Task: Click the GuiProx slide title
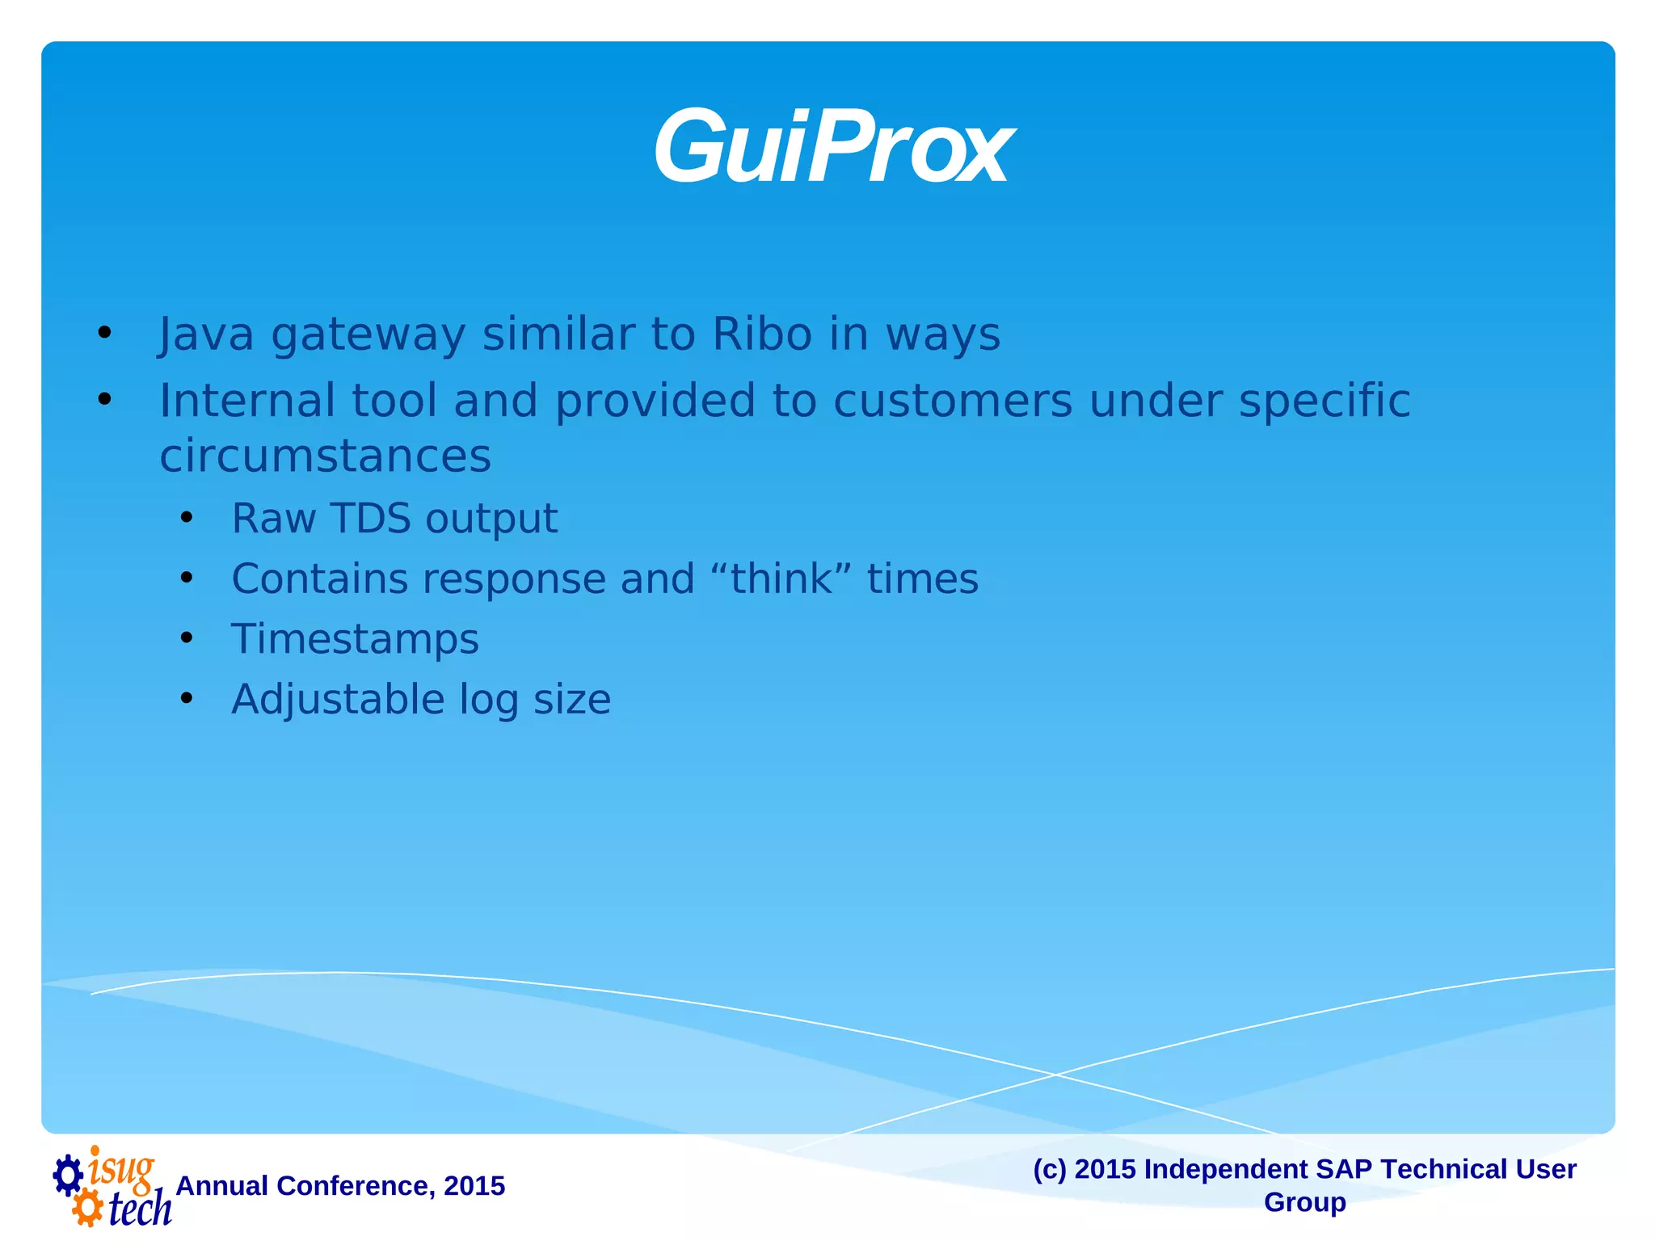832,149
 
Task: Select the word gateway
368,335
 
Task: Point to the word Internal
247,401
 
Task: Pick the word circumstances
325,456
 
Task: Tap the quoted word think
781,578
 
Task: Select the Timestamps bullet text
355,639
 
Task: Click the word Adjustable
337,700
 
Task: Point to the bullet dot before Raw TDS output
187,518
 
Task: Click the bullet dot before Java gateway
104,334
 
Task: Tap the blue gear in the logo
68,1176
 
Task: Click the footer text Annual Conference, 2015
340,1185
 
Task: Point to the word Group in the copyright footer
1304,1202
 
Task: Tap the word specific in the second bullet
1324,401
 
